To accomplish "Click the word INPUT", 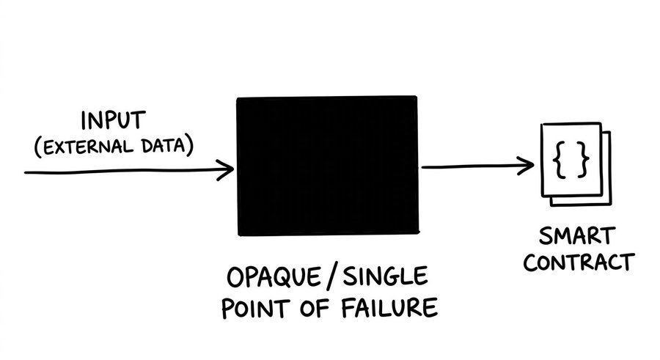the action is click(x=114, y=120).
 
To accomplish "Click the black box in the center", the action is click(x=327, y=166).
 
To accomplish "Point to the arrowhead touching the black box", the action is click(x=227, y=171).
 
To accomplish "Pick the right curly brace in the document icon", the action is click(x=582, y=161).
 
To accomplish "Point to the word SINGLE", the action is click(x=386, y=277).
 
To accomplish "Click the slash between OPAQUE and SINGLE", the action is click(x=335, y=278).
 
